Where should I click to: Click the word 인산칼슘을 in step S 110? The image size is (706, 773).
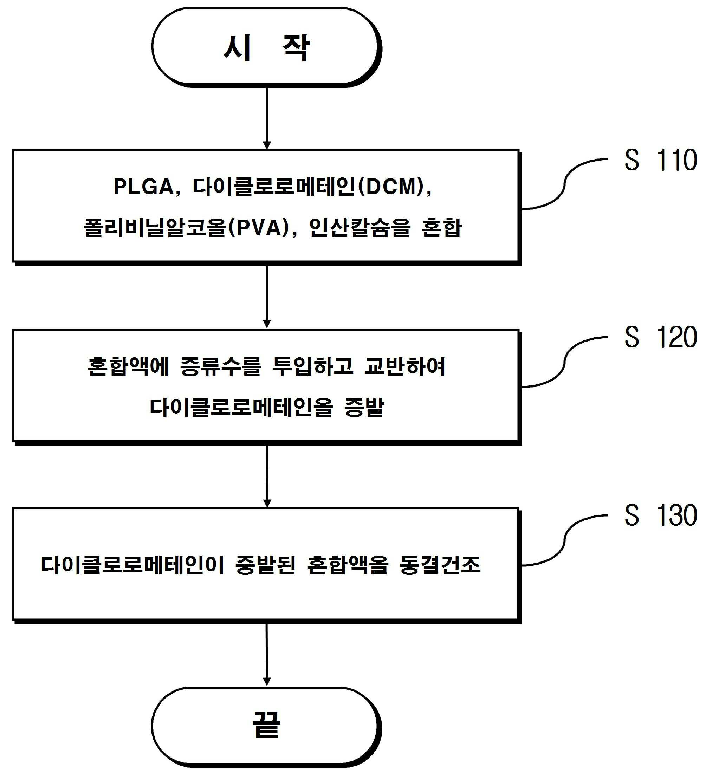360,228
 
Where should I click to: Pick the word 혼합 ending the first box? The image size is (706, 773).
441,228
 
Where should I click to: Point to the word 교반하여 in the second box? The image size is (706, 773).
405,367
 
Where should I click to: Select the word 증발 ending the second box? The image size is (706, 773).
364,407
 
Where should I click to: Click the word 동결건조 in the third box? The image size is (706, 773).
440,565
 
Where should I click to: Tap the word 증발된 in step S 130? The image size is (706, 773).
266,565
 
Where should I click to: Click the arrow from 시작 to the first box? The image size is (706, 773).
267,118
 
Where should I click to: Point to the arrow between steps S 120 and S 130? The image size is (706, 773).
267,476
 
